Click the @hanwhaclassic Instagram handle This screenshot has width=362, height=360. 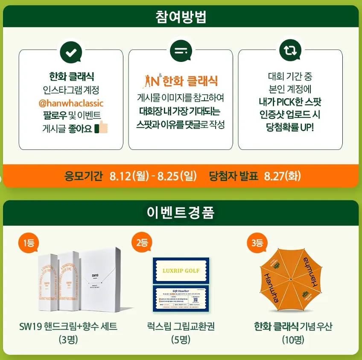71,103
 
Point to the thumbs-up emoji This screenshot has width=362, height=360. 101,128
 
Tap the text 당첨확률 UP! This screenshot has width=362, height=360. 290,128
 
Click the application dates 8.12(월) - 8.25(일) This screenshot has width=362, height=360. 153,176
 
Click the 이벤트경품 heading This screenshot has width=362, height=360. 181,211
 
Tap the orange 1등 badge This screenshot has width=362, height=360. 29,243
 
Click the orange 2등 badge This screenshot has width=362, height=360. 141,243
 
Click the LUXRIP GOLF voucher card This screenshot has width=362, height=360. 181,270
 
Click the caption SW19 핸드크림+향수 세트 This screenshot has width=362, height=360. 68,327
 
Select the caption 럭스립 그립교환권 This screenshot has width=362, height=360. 181,327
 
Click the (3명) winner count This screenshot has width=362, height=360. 68,340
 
